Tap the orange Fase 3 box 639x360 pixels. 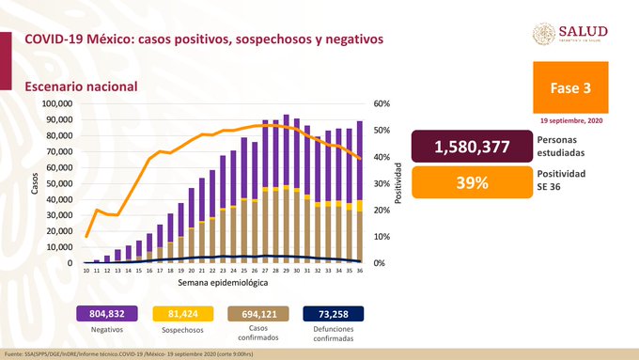click(x=572, y=88)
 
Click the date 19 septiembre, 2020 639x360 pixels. click(x=572, y=121)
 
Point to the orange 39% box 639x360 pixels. click(x=471, y=182)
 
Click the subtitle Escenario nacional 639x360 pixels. click(x=82, y=86)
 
